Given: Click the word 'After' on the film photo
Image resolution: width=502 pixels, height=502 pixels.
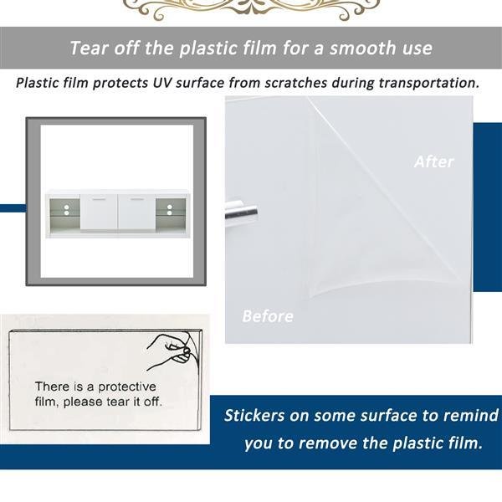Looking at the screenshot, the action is click(x=433, y=161).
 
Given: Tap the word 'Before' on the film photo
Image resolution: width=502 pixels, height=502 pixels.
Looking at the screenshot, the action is click(x=268, y=316).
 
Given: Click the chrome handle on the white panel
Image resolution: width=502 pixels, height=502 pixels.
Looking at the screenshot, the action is click(x=242, y=212).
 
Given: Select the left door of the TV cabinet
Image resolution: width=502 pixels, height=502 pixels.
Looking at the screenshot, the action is click(x=99, y=212).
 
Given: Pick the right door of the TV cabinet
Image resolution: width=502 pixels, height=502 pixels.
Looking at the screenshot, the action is click(x=136, y=212).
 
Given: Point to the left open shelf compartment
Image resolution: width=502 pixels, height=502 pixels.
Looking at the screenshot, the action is click(x=64, y=213).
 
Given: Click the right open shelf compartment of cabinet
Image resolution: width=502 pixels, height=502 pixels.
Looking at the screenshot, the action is click(x=171, y=213).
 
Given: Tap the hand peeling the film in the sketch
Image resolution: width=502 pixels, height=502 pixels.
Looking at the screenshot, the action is click(x=173, y=351).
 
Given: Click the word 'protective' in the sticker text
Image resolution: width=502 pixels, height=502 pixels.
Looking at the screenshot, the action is click(x=127, y=387).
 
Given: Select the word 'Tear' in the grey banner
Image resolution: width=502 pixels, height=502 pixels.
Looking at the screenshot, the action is click(x=89, y=48).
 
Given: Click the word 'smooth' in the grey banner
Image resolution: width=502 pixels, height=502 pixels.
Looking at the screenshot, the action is click(x=363, y=48).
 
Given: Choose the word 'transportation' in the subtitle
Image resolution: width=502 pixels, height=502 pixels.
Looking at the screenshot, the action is click(x=429, y=83).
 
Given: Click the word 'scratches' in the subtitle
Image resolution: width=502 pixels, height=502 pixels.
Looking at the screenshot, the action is click(x=295, y=83).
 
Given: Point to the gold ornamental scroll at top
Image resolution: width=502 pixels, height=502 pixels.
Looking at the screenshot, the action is click(x=252, y=9).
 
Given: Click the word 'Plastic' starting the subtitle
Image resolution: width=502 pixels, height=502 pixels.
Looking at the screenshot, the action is click(x=38, y=83).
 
